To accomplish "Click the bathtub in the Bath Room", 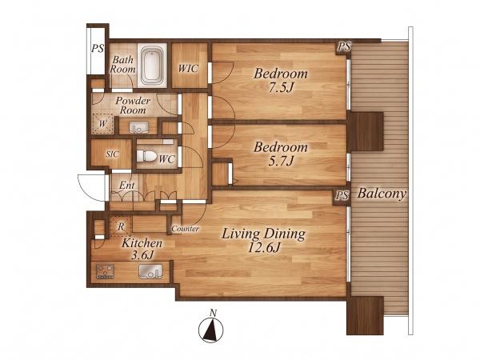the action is (x=153, y=66).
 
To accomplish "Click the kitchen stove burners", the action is (x=106, y=271).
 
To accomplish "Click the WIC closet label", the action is (x=188, y=68).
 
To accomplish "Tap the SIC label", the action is (x=112, y=154).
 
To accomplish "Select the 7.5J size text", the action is (x=281, y=88).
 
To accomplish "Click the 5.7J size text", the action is (x=281, y=161).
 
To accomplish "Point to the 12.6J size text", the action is (x=263, y=248).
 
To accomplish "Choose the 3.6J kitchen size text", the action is (x=142, y=255).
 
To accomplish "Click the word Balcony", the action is (x=382, y=194).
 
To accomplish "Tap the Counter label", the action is (x=186, y=228).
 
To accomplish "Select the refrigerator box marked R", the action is (x=122, y=226).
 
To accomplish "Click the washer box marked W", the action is (x=103, y=124).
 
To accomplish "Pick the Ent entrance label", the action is (x=126, y=186).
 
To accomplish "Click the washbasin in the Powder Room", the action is (x=139, y=126).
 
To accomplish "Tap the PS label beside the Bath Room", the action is (x=98, y=48).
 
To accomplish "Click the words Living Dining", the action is (x=263, y=234).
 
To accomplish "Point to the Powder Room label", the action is (x=133, y=106).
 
